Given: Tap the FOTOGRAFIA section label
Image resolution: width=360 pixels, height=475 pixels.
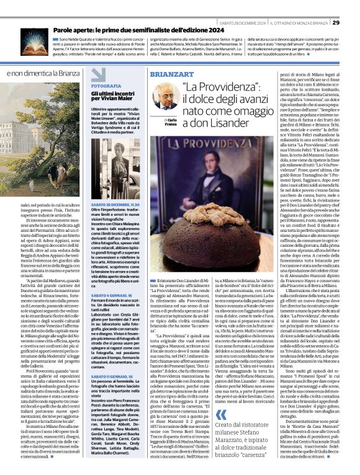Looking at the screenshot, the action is coord(106,85).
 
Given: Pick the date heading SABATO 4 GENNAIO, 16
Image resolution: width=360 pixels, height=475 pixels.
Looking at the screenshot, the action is coord(114,295).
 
